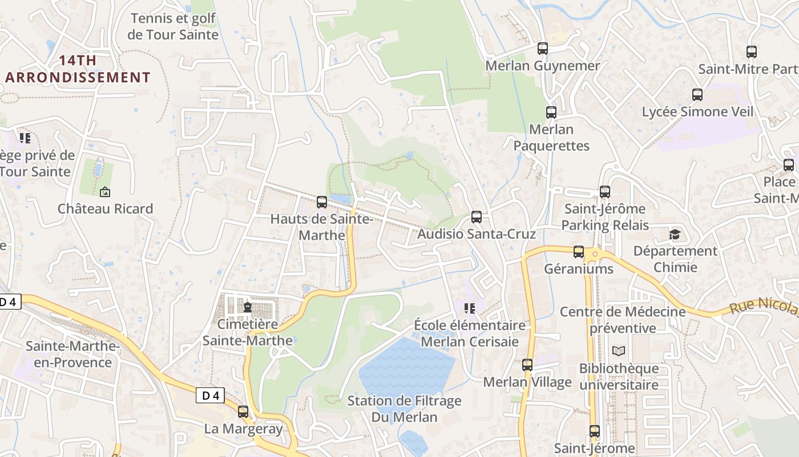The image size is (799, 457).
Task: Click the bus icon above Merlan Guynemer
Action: click(543, 49)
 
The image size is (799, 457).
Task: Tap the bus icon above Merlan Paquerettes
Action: click(551, 113)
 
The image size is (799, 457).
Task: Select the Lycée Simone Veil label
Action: click(697, 112)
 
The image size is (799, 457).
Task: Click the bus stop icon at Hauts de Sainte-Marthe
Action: click(322, 202)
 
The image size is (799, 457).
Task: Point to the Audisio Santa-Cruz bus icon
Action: click(477, 217)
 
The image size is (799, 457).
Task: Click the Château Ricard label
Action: click(106, 209)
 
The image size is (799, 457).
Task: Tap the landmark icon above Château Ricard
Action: click(104, 192)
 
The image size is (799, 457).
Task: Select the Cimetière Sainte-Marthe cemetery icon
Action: click(248, 307)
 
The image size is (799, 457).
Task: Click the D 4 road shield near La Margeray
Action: click(210, 395)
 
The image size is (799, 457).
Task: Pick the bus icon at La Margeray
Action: click(243, 412)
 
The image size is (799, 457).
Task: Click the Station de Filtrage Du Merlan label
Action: click(404, 409)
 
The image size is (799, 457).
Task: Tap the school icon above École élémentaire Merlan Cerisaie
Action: click(470, 309)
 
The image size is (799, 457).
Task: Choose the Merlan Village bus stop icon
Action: click(527, 364)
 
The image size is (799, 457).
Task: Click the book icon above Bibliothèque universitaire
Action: click(619, 351)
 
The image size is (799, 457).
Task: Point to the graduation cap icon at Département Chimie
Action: click(675, 234)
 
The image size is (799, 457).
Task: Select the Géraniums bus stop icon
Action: click(579, 252)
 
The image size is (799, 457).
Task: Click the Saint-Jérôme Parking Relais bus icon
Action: click(605, 192)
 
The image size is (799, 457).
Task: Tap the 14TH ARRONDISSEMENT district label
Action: click(78, 69)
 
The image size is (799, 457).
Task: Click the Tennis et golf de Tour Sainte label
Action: click(173, 26)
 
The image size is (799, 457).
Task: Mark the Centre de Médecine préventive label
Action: click(623, 320)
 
